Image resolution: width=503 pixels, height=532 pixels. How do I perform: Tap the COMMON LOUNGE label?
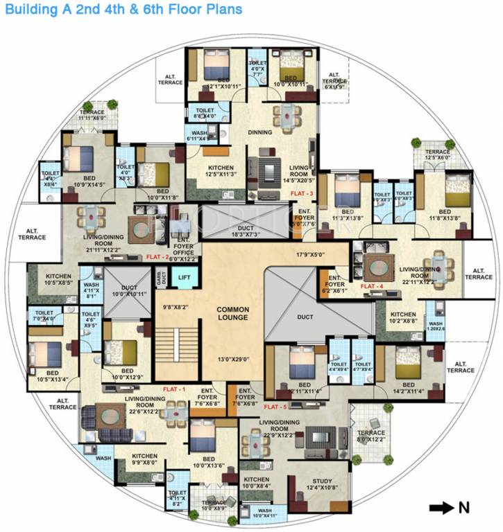[x=232, y=314]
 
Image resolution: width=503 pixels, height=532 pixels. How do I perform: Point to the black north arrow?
[x=441, y=508]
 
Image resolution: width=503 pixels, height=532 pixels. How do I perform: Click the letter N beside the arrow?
[x=462, y=508]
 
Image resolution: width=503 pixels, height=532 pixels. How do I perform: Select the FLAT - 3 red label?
[x=302, y=193]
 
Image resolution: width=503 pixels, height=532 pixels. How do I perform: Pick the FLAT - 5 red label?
[x=275, y=407]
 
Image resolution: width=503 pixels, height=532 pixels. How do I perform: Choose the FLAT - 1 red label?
[x=173, y=389]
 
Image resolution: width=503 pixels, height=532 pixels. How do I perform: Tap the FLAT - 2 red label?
[x=158, y=256]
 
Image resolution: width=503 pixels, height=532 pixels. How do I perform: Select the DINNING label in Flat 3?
[x=260, y=132]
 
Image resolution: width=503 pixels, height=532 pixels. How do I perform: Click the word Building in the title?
[x=26, y=10]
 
